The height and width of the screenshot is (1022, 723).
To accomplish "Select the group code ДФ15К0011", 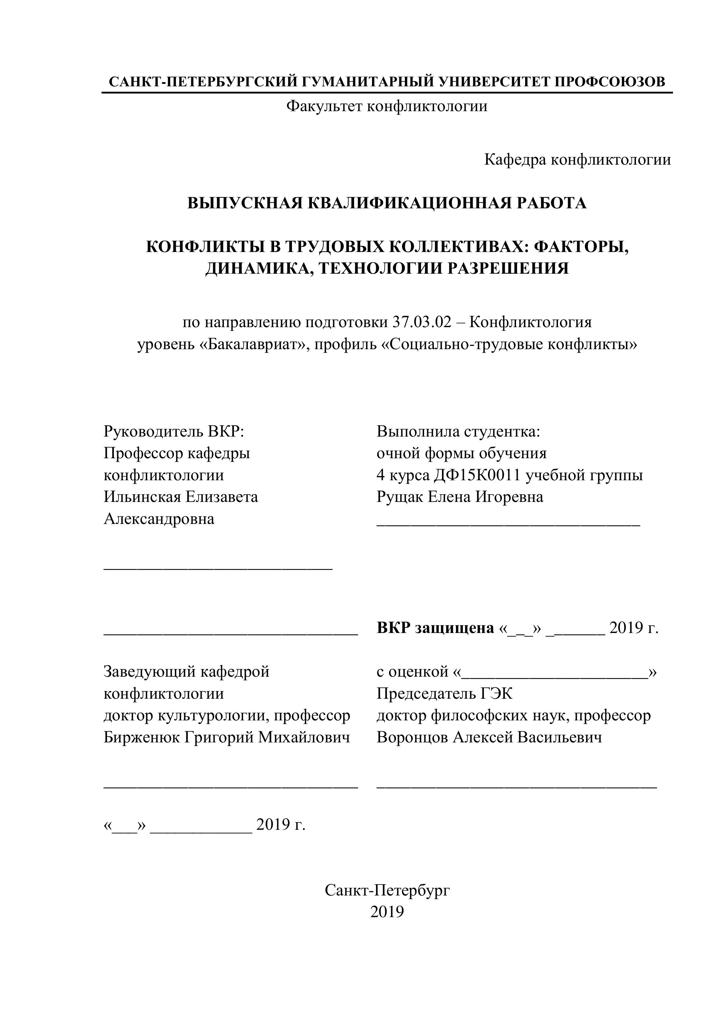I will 477,475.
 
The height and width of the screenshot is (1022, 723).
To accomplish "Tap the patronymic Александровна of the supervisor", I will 159,519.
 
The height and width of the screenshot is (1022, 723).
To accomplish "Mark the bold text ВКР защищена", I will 435,628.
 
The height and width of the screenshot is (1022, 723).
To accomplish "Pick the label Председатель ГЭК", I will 444,693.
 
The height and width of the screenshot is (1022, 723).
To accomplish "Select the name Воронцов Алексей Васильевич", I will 489,737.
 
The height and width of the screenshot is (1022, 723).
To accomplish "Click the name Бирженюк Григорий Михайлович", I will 227,737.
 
